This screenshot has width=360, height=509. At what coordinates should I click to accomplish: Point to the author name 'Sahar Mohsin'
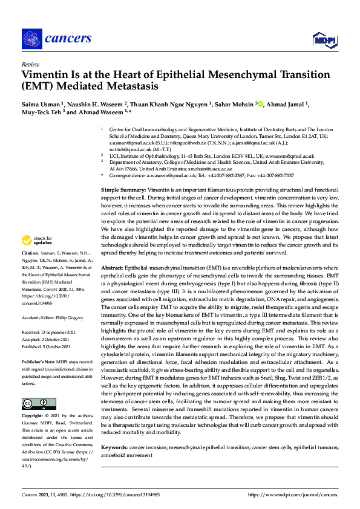point(233,104)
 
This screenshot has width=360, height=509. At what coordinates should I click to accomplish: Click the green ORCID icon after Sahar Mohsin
point(260,104)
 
